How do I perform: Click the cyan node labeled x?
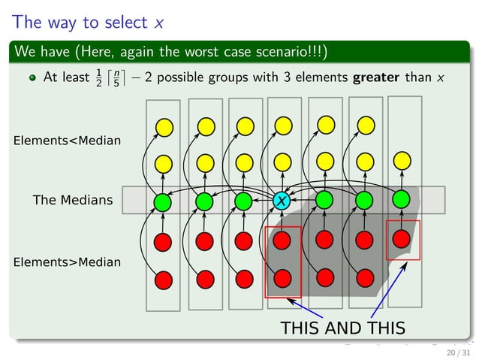pos(282,201)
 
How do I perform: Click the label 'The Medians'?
pos(73,200)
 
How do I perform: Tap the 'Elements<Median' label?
pos(67,140)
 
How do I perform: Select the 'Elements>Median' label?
pos(67,262)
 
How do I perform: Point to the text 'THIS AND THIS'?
pos(342,328)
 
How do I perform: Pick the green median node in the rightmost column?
pos(401,199)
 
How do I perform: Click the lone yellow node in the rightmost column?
pos(402,160)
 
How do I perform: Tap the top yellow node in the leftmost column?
pos(164,126)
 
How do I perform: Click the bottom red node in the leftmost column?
pos(164,280)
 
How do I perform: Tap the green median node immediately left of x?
pos(243,201)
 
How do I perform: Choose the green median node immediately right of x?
pos(324,200)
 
